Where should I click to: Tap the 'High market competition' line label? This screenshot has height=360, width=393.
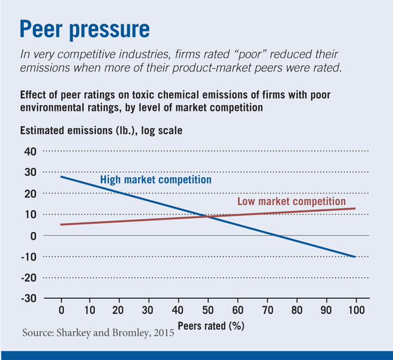pos(156,180)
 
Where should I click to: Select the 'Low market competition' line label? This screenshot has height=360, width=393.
pos(291,201)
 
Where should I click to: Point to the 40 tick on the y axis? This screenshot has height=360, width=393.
pos(29,151)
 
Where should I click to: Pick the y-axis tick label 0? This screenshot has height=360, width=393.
pos(33,236)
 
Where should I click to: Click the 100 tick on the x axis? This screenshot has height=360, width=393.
pos(355,310)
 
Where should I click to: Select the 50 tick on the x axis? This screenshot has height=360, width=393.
pos(208,310)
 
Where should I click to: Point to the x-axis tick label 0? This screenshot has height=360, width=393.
pos(61,310)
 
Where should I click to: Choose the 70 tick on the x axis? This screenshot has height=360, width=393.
pos(267,310)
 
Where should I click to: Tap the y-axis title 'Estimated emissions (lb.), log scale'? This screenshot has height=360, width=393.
pos(101,131)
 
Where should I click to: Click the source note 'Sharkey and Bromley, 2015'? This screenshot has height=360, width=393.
pos(98,333)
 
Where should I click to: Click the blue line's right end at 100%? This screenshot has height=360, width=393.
pos(355,257)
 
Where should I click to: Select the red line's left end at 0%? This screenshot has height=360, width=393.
pos(61,225)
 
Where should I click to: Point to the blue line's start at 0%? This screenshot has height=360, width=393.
pos(61,177)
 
